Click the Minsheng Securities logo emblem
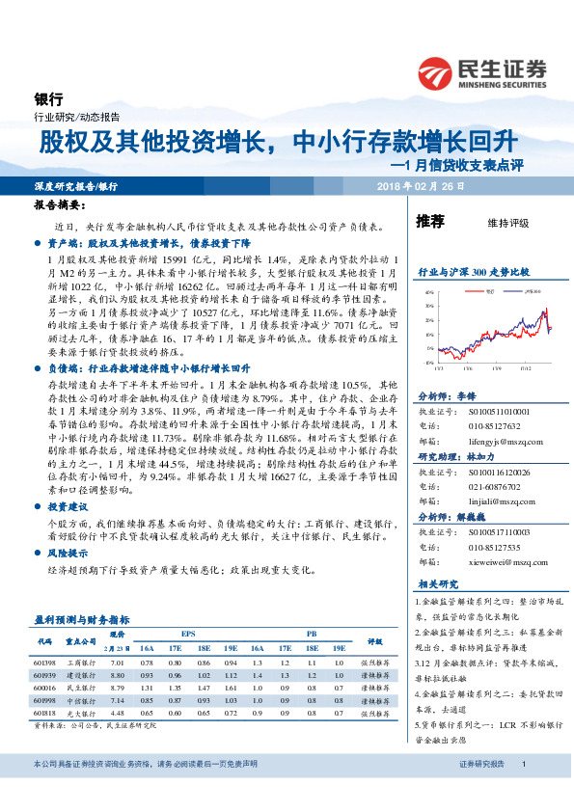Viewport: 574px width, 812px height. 436,72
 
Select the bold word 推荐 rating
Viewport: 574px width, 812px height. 429,222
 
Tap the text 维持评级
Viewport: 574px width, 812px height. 508,223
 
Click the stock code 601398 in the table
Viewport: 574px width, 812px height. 44,663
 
